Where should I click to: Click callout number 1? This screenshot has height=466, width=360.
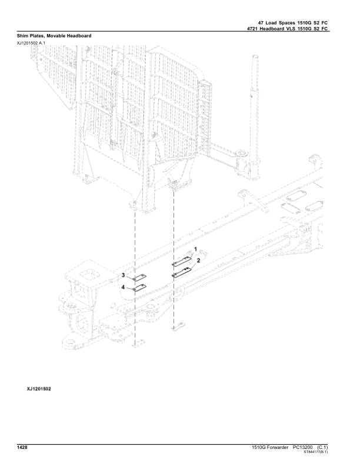point(196,250)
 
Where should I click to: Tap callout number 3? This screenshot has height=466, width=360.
point(124,275)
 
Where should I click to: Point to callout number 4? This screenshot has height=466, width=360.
point(124,287)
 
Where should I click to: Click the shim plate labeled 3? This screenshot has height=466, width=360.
point(140,279)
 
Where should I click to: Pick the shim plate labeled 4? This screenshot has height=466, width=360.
point(140,288)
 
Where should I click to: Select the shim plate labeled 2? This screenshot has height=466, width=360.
point(181,271)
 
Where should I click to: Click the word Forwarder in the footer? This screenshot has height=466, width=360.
point(275,448)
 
